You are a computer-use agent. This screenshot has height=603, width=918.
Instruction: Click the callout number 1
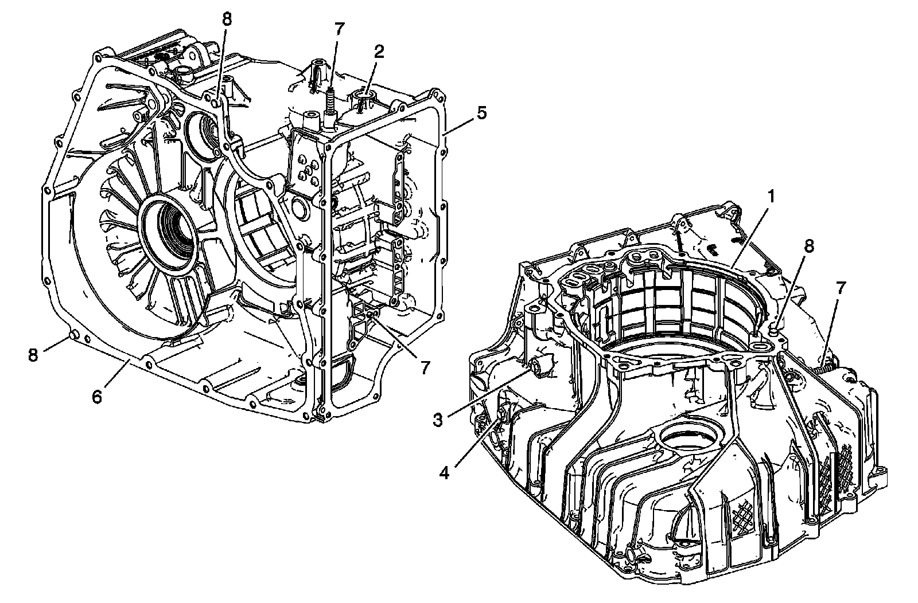(772, 197)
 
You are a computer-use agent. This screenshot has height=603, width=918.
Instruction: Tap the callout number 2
(379, 52)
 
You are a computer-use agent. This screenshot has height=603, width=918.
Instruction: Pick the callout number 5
(481, 112)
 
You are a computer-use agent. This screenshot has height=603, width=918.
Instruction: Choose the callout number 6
(97, 396)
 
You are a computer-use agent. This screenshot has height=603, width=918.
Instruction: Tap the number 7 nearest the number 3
(425, 367)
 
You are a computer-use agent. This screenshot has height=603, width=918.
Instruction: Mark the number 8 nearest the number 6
(33, 355)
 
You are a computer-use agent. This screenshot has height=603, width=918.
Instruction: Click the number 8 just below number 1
(808, 246)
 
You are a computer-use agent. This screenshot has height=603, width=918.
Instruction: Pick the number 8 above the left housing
(227, 19)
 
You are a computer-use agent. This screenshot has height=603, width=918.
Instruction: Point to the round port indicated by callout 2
(365, 93)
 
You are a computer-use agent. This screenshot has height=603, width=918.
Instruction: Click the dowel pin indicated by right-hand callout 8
(775, 330)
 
